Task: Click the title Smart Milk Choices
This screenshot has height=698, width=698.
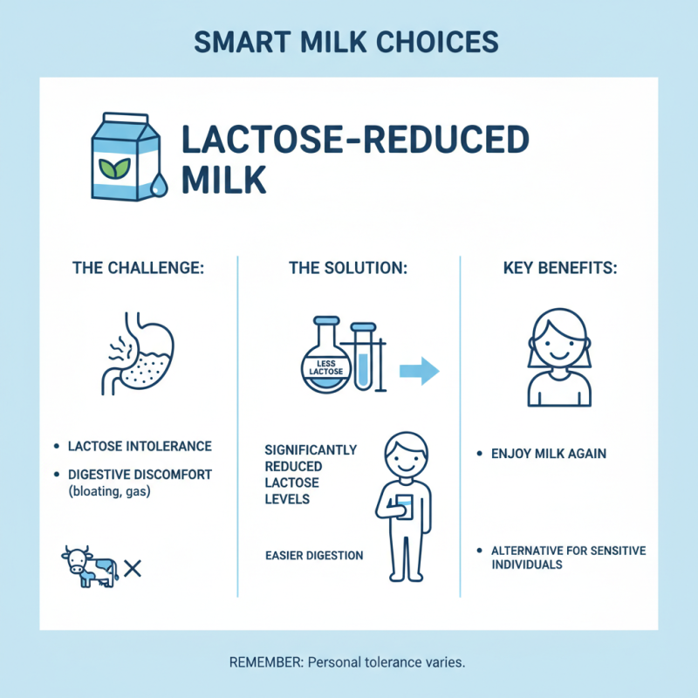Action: coord(349,42)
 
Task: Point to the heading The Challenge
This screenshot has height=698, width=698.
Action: coord(137,268)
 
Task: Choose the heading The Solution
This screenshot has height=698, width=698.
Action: coord(347,268)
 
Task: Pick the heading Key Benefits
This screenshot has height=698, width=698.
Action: coord(560,268)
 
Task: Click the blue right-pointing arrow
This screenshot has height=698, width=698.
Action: coord(418,371)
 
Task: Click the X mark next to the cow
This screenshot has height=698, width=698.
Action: coord(133,569)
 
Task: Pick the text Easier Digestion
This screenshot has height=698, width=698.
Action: coord(313,555)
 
